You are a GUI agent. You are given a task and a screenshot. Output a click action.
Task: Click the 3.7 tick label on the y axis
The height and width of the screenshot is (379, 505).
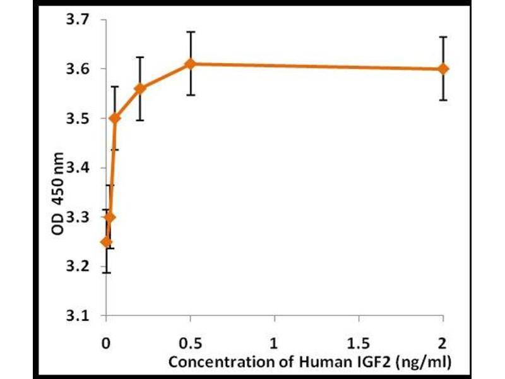[x=80, y=20]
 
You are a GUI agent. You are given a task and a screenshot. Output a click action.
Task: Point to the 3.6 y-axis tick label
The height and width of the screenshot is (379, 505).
[x=80, y=69]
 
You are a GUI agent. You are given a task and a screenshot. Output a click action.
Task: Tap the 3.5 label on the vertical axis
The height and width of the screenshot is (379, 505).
[x=80, y=119]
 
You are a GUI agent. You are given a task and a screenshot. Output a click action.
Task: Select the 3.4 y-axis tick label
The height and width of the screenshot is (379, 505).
[x=80, y=168]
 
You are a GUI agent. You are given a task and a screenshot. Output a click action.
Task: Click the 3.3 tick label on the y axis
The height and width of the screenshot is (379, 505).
[x=80, y=217]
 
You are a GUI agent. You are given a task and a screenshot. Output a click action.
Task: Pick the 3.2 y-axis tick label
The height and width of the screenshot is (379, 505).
[x=80, y=267]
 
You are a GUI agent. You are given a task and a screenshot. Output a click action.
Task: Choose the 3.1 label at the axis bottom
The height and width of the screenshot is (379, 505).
[x=80, y=316]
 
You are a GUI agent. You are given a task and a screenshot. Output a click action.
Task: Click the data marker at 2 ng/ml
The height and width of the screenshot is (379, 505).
[x=443, y=68]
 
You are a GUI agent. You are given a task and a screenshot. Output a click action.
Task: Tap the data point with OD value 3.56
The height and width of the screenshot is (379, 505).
[x=140, y=88]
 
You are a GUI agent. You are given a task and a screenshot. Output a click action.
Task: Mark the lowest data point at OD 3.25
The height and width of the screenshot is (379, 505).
[x=107, y=242]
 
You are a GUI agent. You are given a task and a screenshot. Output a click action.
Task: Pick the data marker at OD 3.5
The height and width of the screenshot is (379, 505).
[x=115, y=118]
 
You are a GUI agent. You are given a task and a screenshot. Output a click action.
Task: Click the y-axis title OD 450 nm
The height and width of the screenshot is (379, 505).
[x=58, y=195]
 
